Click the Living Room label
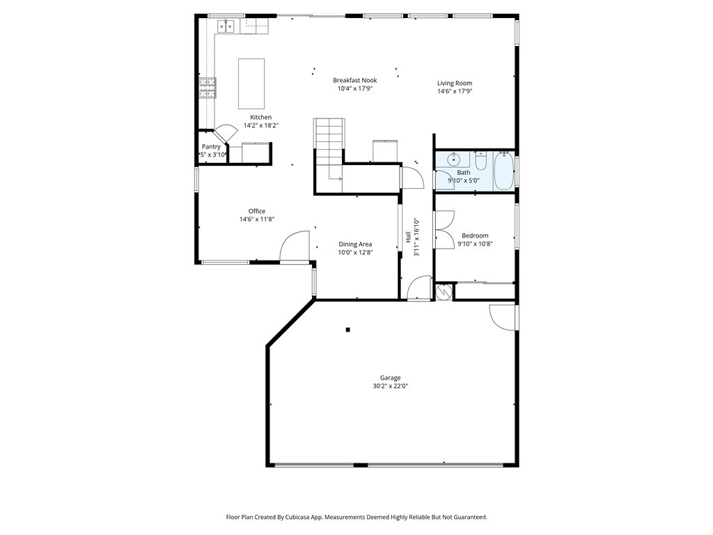coord(454,83)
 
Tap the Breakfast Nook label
coord(354,80)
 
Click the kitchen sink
coord(226,26)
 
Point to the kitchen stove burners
coord(207,88)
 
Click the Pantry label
coord(211,146)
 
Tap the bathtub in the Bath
coord(503,173)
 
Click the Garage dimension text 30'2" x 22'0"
coord(390,386)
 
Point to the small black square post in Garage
coord(348,329)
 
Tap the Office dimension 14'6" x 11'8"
coord(257,219)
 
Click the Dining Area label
coord(355,244)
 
